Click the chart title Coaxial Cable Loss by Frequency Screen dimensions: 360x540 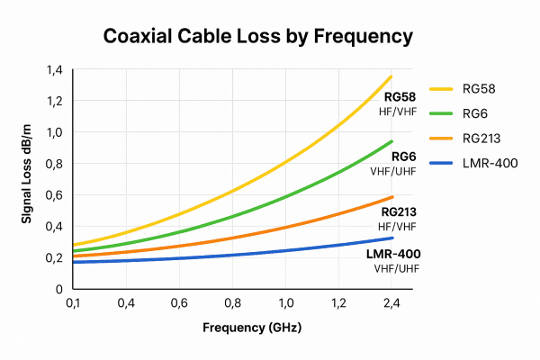click(257, 36)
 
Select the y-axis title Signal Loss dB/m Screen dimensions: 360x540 click(28, 180)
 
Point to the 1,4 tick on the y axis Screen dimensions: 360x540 click(55, 70)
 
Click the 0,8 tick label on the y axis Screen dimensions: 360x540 click(55, 164)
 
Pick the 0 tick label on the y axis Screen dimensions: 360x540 click(59, 289)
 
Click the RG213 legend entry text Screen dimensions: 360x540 click(486, 138)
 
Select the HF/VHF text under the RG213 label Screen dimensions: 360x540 click(399, 226)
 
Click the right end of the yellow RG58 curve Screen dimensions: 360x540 click(392, 76)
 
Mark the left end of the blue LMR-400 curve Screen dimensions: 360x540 click(73, 262)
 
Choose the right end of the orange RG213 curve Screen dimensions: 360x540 click(392, 197)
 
